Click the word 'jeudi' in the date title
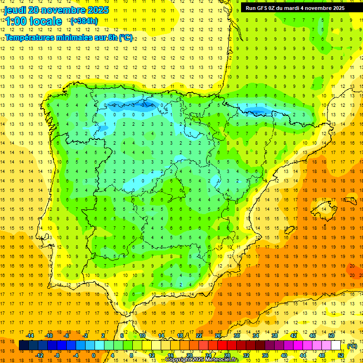pos(15,10)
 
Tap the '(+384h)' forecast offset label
pos(84,21)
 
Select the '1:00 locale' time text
pos(34,21)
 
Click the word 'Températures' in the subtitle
pos(30,38)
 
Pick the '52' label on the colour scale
pos(340,355)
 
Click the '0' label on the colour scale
pos(94,355)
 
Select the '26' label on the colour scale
pos(218,336)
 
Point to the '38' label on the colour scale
pos(274,336)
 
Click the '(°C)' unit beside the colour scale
pos(352,346)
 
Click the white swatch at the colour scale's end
pos(340,346)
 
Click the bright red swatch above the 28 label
pos(227,346)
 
